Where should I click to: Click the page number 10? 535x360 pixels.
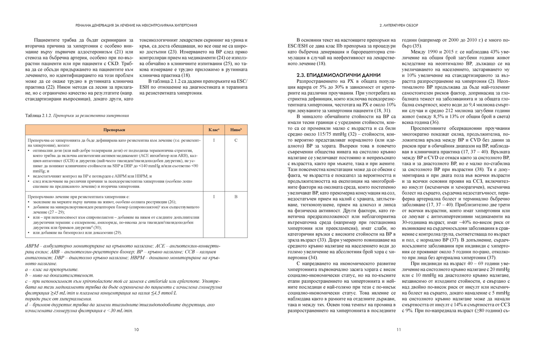(x=136, y=330)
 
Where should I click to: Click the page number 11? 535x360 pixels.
(x=399, y=330)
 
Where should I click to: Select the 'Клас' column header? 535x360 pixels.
(x=214, y=129)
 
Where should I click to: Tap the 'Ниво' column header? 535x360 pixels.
(x=236, y=129)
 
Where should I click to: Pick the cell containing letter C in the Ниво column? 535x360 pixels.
(x=236, y=141)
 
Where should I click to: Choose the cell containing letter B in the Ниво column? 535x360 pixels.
(x=236, y=196)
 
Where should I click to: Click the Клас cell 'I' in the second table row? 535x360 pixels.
(x=214, y=196)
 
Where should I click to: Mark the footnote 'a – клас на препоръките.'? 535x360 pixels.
(x=52, y=269)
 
